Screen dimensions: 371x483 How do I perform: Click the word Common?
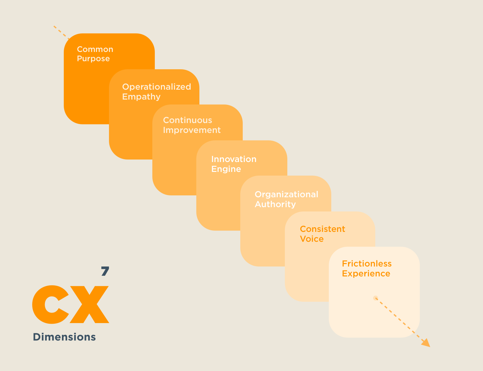tap(95, 49)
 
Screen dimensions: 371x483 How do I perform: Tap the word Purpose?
tap(93, 59)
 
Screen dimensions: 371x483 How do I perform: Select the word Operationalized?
tap(156, 87)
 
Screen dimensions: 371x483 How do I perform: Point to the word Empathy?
tap(141, 97)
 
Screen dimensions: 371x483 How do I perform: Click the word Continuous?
tap(187, 120)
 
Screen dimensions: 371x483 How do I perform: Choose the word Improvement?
tap(192, 130)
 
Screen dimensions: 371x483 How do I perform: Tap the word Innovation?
tap(234, 159)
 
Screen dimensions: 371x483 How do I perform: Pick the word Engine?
tap(226, 169)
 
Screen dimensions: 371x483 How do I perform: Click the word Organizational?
tap(286, 194)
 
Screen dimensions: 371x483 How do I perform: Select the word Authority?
tap(275, 204)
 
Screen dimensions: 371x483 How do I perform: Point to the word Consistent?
tap(322, 229)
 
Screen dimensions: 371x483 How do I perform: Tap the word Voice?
tap(311, 239)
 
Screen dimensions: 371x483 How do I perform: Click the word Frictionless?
tap(367, 264)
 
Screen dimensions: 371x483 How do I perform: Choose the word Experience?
tap(366, 274)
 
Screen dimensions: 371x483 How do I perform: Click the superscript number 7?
tap(105, 271)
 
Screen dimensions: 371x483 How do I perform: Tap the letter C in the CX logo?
tap(50, 305)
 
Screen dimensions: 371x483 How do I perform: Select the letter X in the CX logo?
tap(90, 305)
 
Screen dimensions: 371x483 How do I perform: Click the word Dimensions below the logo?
tap(64, 337)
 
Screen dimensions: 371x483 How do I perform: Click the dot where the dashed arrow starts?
tap(376, 298)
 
